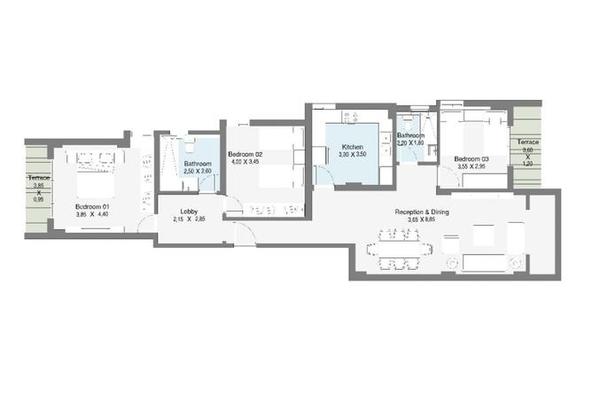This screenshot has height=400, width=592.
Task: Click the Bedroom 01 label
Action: pos(92,206)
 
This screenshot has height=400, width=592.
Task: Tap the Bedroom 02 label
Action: pos(245,153)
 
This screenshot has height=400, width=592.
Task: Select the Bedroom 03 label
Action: pos(471,159)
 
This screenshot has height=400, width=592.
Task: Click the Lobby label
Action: pos(189,211)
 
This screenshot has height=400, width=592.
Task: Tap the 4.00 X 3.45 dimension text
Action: pos(245,162)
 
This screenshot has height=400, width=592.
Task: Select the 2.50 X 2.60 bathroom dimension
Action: pos(198,173)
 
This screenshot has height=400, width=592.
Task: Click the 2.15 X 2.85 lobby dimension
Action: pos(189,219)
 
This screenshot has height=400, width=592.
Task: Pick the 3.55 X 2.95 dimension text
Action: pos(471,167)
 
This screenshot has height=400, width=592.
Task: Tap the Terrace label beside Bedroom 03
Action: pos(528,142)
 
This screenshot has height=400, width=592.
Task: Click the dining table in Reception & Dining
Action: pos(401,249)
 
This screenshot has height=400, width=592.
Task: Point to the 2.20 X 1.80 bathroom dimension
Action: pos(410,143)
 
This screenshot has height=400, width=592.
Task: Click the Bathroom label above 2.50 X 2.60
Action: pos(198,165)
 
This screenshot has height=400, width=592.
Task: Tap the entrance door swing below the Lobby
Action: pos(243,234)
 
